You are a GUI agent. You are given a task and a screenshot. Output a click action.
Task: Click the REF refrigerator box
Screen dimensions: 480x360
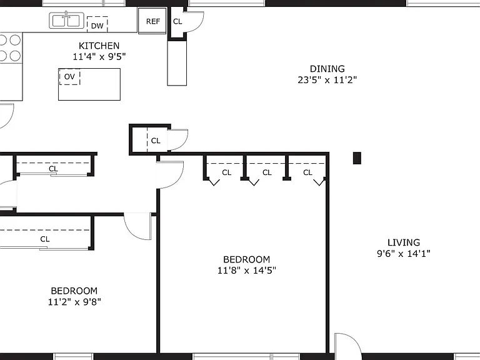point(152,21)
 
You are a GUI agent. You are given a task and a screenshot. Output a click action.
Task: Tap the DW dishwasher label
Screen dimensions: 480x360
point(97,26)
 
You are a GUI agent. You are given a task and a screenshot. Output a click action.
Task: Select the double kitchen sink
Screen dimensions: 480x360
point(66,21)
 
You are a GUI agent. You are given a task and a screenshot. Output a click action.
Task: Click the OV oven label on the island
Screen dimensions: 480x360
point(69,76)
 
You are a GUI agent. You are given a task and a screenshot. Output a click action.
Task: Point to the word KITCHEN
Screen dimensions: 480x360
point(99,46)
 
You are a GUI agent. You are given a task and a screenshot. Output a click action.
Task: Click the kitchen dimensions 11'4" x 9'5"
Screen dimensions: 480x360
point(99,57)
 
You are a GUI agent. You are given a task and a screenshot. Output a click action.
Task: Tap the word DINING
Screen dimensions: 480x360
point(327,69)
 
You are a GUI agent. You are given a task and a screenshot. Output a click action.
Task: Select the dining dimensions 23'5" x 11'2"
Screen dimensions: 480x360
point(327,80)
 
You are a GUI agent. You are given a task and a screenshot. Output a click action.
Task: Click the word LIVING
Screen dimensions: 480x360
point(404,242)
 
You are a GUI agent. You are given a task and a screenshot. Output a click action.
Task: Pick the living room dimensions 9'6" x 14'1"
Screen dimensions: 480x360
point(404,254)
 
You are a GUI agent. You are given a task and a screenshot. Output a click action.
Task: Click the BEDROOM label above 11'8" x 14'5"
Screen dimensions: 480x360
point(246,259)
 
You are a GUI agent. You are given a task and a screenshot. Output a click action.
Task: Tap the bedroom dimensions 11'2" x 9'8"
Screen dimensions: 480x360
point(74,302)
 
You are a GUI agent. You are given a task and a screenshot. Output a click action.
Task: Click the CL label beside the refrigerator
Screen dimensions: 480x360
point(177,21)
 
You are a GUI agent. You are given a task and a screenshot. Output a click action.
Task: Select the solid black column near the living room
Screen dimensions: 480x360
point(357,158)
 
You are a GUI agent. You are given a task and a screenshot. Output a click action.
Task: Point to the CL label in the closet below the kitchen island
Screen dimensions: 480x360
point(156,141)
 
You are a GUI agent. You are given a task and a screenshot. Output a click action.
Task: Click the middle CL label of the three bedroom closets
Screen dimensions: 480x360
point(267,172)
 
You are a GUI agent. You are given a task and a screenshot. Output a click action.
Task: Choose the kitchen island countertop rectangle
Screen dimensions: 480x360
point(89,84)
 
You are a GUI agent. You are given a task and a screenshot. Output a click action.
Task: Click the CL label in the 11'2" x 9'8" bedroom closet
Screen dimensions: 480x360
point(45,239)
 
